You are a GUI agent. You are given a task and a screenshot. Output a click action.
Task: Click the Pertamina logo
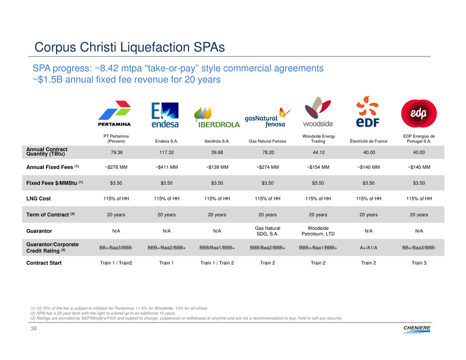pyautogui.click(x=114, y=114)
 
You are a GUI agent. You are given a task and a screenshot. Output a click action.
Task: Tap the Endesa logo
pyautogui.click(x=165, y=115)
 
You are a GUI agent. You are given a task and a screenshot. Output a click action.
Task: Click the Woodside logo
pyautogui.click(x=318, y=112)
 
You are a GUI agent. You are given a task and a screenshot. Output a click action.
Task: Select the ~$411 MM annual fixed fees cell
pyautogui.click(x=166, y=168)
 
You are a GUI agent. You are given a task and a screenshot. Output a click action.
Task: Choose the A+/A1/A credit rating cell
pyautogui.click(x=368, y=247)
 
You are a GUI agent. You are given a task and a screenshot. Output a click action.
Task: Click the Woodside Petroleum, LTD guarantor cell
pyautogui.click(x=318, y=231)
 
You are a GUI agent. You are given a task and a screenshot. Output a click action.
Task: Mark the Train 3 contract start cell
pyautogui.click(x=419, y=263)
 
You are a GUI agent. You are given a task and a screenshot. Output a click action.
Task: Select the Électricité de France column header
pyautogui.click(x=368, y=141)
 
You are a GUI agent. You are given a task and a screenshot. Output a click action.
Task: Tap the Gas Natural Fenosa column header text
pyautogui.click(x=268, y=141)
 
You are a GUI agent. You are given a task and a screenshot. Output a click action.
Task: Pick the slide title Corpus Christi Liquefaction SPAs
pyautogui.click(x=130, y=47)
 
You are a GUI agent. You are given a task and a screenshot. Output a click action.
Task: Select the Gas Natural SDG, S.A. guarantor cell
pyautogui.click(x=268, y=231)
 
